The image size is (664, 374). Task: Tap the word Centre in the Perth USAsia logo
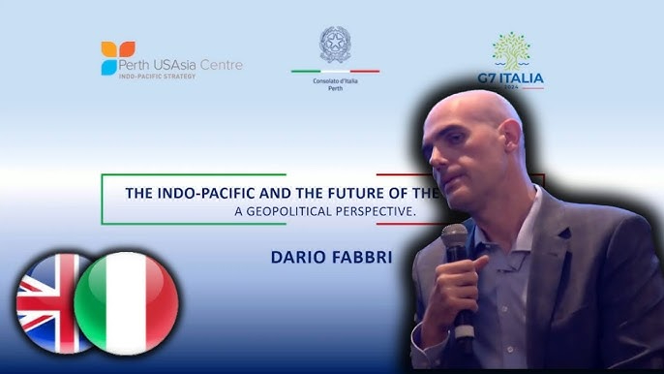click(221, 65)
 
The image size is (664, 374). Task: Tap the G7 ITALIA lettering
click(511, 78)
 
